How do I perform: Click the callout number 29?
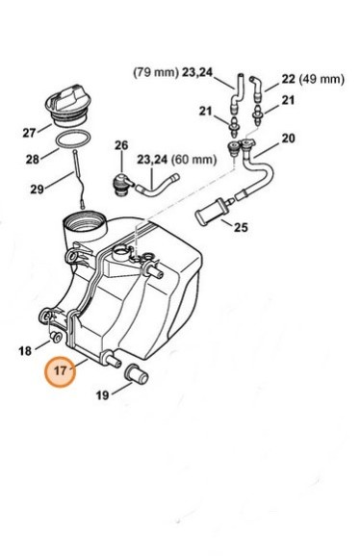coord(37,190)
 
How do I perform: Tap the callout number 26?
coord(121,145)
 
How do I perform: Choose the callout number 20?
coord(288,139)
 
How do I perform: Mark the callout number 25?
coord(241,228)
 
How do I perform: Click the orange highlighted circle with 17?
coord(63,368)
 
